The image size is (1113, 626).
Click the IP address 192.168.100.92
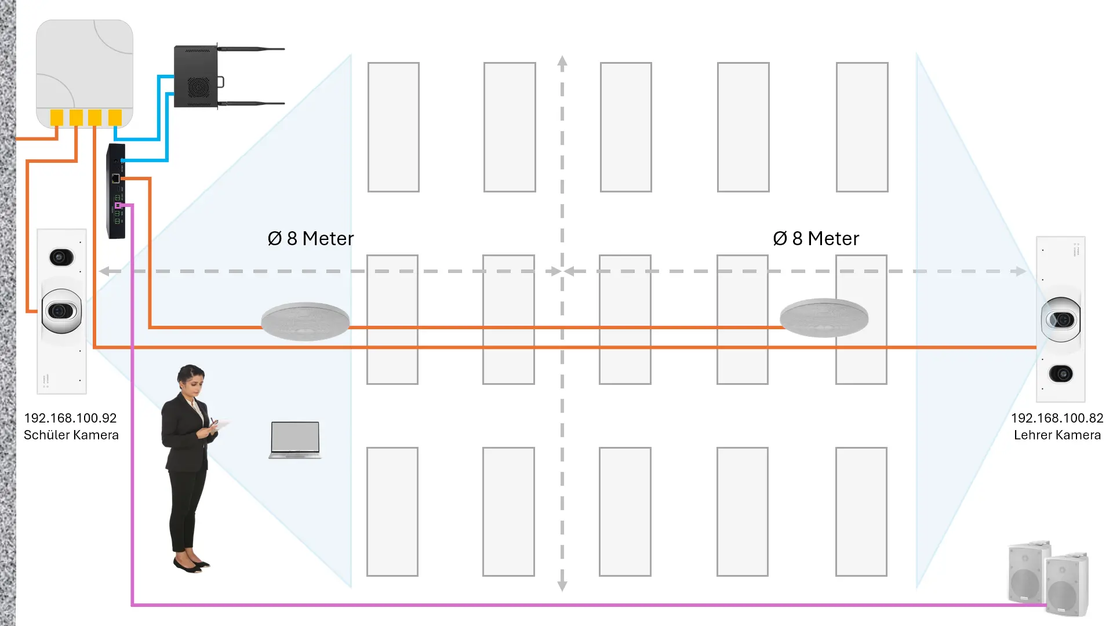[x=70, y=418]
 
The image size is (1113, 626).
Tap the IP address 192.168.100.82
[x=1057, y=418]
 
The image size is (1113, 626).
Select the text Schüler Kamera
[x=71, y=435]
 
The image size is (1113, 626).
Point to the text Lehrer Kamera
[x=1057, y=435]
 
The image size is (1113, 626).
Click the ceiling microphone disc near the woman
[x=305, y=321]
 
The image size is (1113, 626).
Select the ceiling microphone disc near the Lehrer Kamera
[x=824, y=317]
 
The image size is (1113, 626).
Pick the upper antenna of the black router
[x=252, y=49]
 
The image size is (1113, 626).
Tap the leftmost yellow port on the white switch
[x=57, y=117]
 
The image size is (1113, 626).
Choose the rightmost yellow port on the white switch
[x=115, y=117]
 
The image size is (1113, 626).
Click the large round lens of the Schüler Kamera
[x=61, y=311]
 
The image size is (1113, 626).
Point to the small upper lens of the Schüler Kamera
[x=61, y=257]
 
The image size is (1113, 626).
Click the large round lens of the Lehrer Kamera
[x=1061, y=319]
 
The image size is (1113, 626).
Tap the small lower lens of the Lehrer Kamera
[x=1061, y=374]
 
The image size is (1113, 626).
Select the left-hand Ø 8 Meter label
[x=311, y=239]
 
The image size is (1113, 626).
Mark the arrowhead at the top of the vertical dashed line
[x=562, y=61]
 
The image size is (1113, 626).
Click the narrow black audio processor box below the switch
[x=116, y=191]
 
